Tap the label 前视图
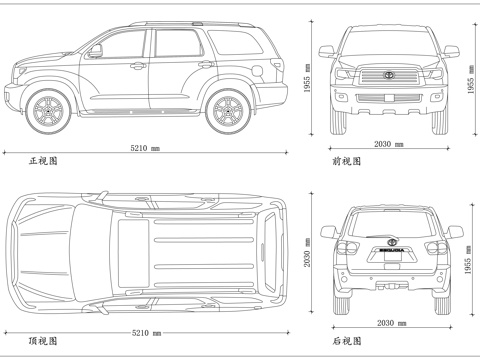tap(346, 160)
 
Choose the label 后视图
tap(346, 342)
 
